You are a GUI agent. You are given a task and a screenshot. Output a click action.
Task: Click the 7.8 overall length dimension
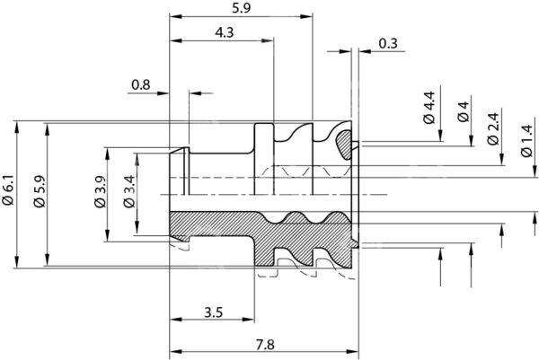265,345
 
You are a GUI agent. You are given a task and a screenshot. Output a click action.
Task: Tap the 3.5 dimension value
214,312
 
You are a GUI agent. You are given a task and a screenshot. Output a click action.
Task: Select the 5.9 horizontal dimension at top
242,8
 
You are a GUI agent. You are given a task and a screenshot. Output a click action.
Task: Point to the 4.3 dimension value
224,32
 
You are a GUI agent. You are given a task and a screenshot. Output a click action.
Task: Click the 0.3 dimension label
388,44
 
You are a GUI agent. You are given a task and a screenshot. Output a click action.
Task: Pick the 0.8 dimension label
141,84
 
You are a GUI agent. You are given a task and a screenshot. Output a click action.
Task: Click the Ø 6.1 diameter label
8,190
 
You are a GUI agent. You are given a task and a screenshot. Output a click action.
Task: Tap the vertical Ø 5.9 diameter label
40,192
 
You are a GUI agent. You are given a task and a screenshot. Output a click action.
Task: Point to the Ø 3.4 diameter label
129,192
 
